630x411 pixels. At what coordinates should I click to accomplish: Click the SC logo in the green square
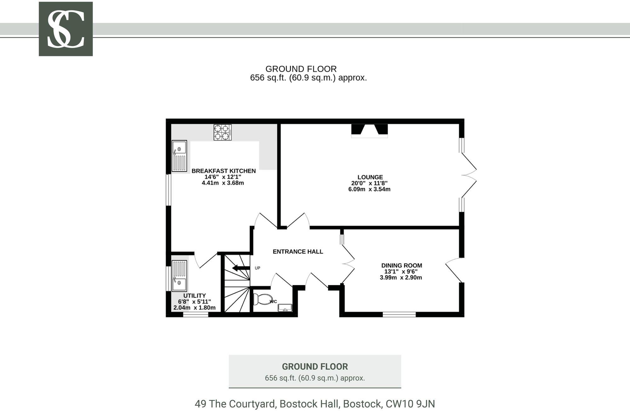point(66,29)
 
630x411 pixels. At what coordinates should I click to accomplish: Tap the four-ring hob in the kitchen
point(222,132)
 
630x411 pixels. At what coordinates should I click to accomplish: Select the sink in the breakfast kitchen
point(179,156)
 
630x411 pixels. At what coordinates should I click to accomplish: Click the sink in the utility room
point(179,276)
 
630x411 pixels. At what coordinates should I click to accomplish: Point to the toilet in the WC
point(263,299)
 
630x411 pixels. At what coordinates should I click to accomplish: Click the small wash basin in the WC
point(285,308)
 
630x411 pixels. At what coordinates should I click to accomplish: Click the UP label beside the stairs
point(257,268)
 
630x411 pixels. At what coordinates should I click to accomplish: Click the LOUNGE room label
point(370,177)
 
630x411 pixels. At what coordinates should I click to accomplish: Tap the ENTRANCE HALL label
point(298,251)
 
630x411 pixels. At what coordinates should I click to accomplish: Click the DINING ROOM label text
point(401,265)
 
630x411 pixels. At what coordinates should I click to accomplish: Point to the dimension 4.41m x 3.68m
point(223,183)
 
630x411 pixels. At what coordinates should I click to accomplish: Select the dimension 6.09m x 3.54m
point(369,189)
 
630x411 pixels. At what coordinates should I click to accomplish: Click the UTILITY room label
point(194,295)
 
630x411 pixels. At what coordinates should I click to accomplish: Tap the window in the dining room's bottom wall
point(399,314)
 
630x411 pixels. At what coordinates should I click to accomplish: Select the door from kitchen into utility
point(206,260)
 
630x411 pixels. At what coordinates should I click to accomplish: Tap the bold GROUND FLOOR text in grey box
point(315,367)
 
